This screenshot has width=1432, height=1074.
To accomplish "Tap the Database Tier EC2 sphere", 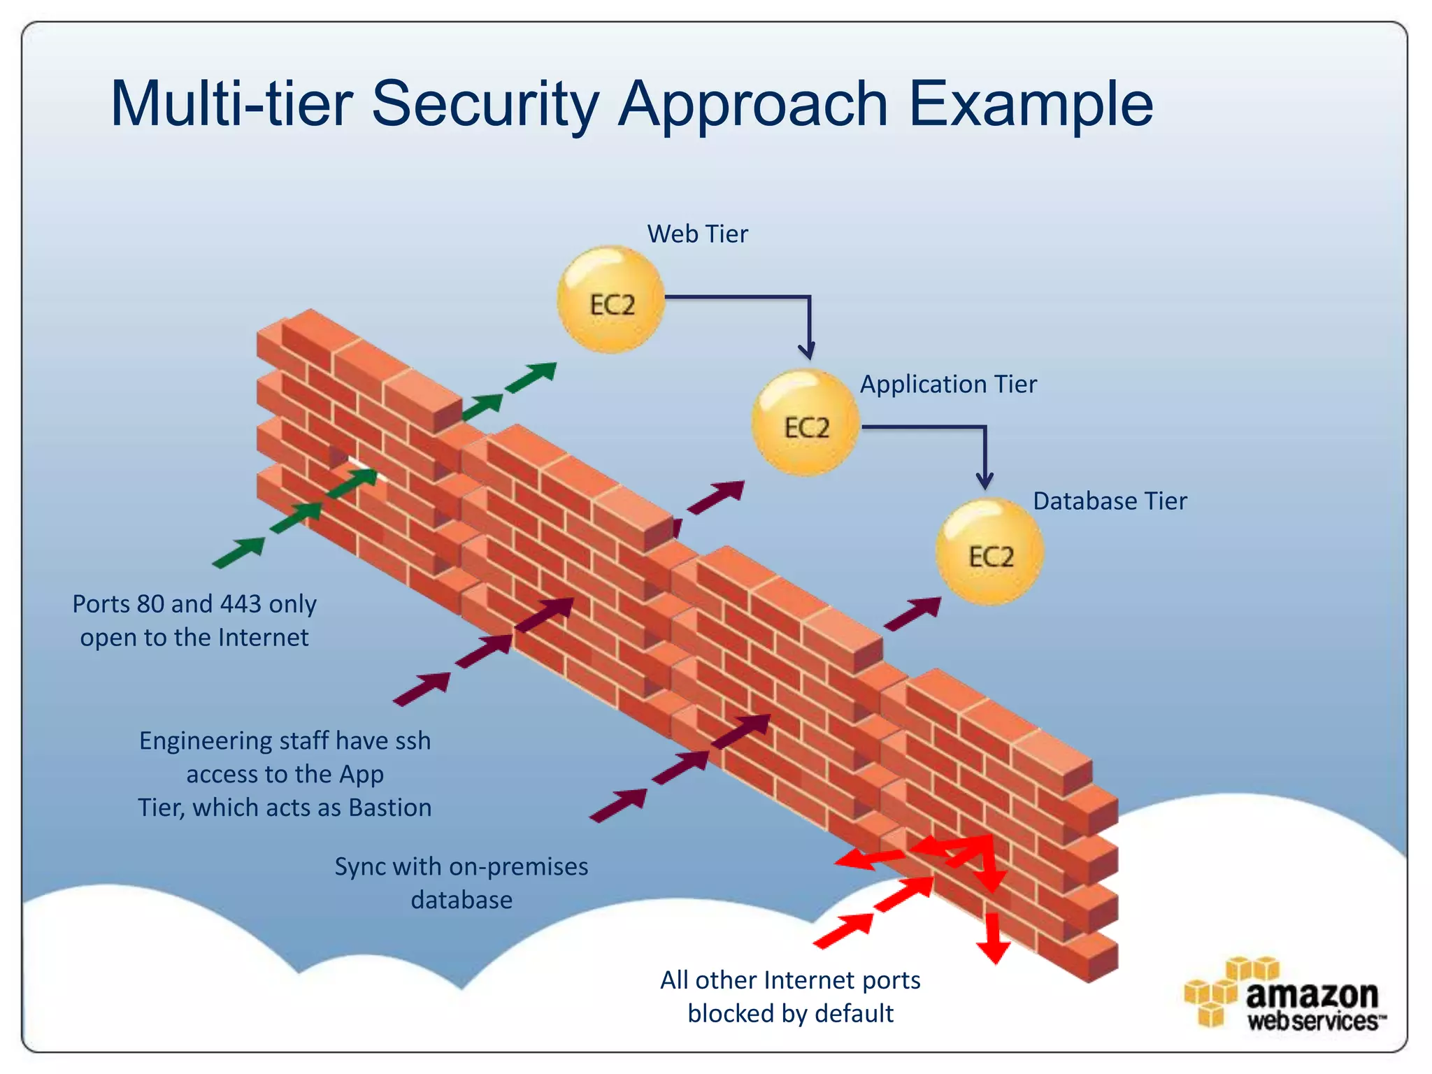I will (x=990, y=552).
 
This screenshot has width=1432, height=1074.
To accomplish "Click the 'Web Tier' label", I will (x=697, y=234).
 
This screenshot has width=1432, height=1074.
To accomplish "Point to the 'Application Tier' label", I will (x=948, y=385).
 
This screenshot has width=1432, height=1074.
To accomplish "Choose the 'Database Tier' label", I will (x=1110, y=501).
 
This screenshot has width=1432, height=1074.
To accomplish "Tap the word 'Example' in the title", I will (x=1030, y=105).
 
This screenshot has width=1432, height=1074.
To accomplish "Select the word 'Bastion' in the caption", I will (x=390, y=808).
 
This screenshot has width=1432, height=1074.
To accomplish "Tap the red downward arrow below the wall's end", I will (x=993, y=944).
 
